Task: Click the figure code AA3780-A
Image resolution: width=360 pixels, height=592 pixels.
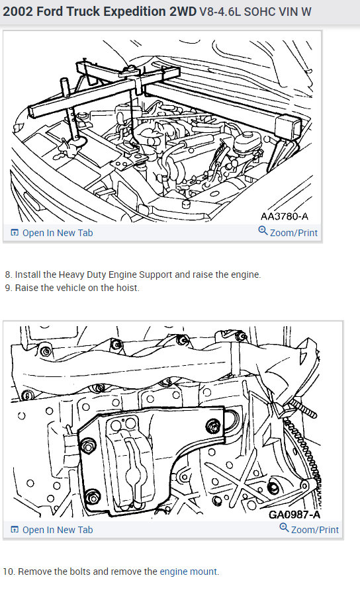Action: [x=284, y=216]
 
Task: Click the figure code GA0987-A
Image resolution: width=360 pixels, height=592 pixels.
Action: [x=294, y=514]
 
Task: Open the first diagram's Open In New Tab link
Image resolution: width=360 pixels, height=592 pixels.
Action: [x=52, y=233]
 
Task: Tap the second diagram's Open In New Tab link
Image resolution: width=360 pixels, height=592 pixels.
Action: [x=52, y=530]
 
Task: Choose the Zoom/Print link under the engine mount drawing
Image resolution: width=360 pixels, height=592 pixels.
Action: [x=309, y=529]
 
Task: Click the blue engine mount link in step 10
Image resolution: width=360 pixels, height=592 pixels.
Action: [x=189, y=571]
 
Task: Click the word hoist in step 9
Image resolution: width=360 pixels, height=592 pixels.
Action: [x=127, y=288]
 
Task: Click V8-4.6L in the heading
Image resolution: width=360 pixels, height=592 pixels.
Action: [x=220, y=12]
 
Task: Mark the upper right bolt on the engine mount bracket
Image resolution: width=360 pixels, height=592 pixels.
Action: [x=214, y=426]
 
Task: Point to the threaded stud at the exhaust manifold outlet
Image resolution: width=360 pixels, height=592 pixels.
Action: [x=302, y=409]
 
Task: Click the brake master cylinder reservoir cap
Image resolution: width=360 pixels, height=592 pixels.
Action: [x=247, y=134]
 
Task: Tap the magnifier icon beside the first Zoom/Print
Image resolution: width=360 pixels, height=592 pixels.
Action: [x=263, y=230]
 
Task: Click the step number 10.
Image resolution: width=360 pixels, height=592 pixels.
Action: [x=9, y=571]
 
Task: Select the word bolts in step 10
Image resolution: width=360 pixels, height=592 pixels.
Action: [x=79, y=571]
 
